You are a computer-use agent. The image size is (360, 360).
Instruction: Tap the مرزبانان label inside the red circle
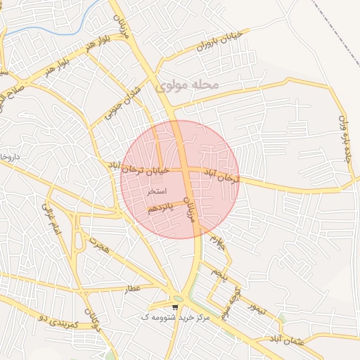pyautogui.click(x=189, y=209)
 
